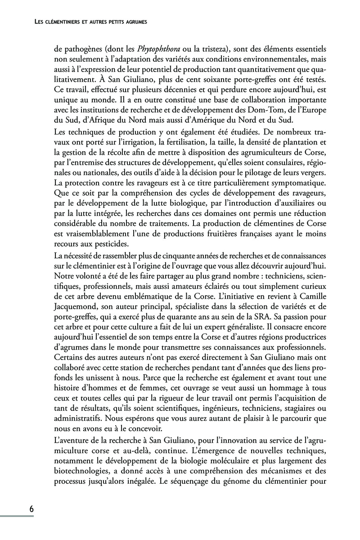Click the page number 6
[x=31, y=509]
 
